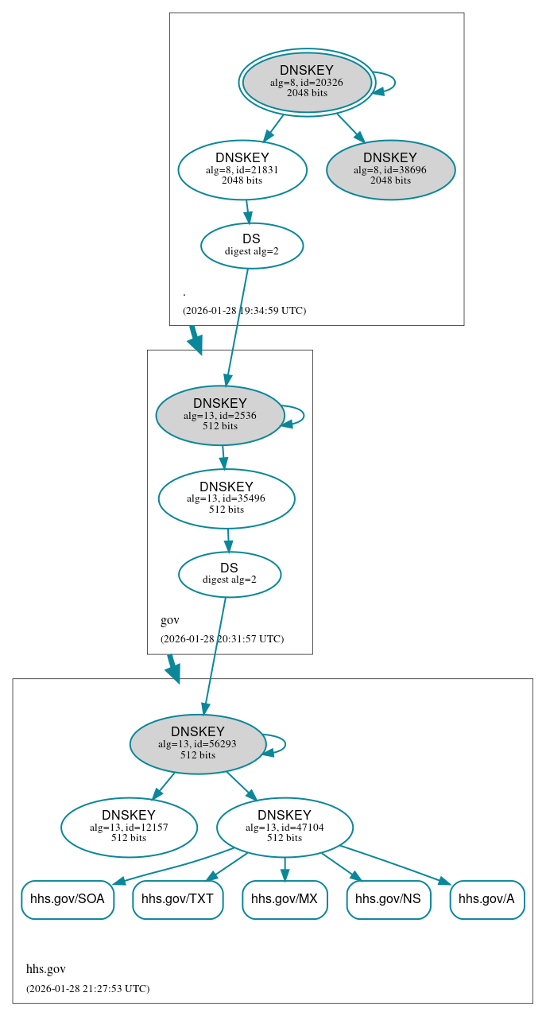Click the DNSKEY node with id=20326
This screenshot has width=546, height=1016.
click(307, 82)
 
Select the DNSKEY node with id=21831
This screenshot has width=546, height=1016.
click(242, 169)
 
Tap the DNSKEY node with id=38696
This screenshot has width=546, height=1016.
click(390, 169)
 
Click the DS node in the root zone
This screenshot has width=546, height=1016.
click(252, 245)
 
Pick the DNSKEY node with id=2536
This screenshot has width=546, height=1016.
click(220, 415)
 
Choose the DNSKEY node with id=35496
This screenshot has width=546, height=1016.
click(227, 498)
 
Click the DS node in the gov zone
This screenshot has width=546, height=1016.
click(230, 574)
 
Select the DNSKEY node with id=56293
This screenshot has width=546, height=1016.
click(198, 743)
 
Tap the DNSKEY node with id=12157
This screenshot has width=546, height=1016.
click(129, 827)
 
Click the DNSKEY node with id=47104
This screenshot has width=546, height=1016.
click(285, 827)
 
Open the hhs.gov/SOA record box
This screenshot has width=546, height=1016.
click(68, 899)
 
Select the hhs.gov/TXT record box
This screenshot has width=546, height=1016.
click(177, 899)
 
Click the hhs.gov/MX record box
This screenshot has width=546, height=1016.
click(285, 899)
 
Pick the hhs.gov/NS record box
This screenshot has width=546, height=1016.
click(389, 899)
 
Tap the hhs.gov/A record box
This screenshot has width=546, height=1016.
click(487, 899)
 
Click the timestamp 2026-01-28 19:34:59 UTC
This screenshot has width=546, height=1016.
click(244, 311)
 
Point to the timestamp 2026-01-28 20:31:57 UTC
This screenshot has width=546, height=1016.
click(222, 639)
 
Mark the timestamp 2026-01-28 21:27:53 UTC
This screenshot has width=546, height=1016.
click(87, 989)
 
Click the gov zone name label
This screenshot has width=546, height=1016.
click(170, 620)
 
